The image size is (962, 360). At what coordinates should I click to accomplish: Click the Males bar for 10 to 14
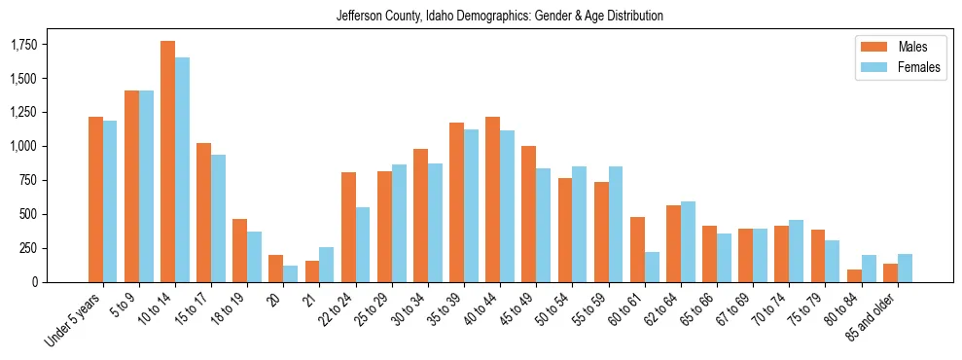[x=167, y=162]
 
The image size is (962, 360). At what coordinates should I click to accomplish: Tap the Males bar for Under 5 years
[x=95, y=199]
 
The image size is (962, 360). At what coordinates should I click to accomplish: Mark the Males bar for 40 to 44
[x=492, y=199]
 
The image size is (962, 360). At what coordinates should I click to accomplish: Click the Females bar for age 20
[x=291, y=273]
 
